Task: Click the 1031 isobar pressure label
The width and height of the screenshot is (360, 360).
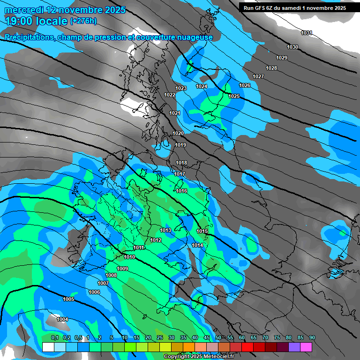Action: [307, 33]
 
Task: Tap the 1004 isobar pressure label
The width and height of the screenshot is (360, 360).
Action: [62, 319]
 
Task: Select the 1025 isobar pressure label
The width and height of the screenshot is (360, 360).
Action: [234, 96]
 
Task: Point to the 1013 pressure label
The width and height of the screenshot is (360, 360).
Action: [165, 230]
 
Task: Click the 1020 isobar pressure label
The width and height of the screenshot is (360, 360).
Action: [178, 134]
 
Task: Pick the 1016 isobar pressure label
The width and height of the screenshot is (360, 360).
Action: [182, 191]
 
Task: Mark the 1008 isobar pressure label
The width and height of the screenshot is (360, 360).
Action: [111, 275]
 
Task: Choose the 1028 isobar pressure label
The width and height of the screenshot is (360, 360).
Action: [271, 68]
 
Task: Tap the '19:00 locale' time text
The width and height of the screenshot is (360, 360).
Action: [37, 21]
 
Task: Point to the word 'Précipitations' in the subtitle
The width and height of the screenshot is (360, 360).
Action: [28, 37]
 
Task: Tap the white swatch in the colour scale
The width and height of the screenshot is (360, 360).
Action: [48, 347]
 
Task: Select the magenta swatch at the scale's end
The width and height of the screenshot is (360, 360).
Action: [306, 347]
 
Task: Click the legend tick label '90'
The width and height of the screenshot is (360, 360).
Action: [312, 338]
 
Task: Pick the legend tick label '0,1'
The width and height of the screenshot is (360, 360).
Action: [54, 338]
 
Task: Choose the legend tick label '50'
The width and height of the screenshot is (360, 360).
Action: [218, 338]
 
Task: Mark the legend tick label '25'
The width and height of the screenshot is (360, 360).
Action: [160, 338]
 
